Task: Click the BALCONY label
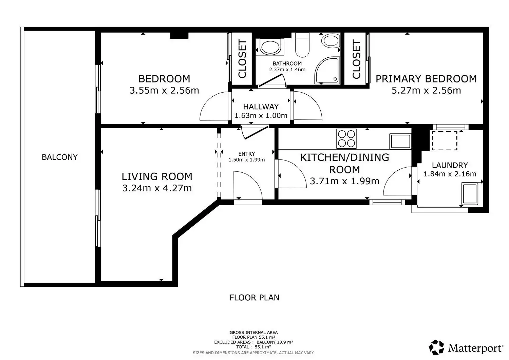(59, 157)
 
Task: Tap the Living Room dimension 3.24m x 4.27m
(157, 188)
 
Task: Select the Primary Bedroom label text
(426, 79)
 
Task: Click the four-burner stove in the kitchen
(346, 139)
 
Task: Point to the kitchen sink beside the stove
(400, 141)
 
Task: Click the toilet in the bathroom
(302, 45)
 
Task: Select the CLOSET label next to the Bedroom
(242, 59)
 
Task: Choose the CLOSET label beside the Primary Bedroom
(357, 59)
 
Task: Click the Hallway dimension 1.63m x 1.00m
(261, 116)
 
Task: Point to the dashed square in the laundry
(445, 141)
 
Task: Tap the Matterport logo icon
(436, 347)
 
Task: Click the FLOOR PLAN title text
(254, 298)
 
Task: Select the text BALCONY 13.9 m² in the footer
(275, 342)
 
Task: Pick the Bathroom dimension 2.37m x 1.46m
(287, 70)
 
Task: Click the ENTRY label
(247, 154)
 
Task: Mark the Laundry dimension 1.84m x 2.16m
(450, 174)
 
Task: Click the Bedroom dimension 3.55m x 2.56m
(164, 91)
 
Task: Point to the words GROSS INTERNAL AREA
(253, 333)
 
